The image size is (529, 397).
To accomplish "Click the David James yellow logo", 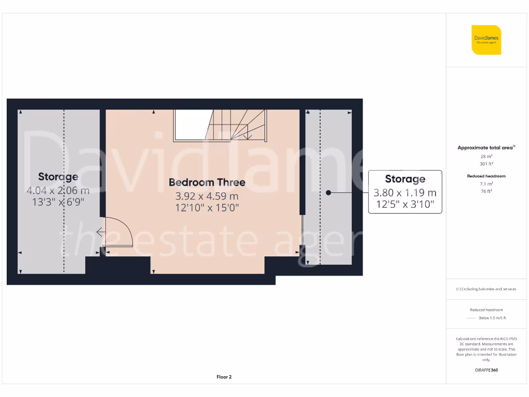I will [486, 40].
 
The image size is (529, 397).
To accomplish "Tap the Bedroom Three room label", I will [207, 182].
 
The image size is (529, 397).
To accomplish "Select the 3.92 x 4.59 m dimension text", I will [207, 196].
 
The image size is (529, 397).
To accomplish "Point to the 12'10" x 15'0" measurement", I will [207, 208].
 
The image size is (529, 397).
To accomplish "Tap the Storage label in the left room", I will [58, 177].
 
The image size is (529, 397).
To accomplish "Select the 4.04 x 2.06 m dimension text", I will [58, 191].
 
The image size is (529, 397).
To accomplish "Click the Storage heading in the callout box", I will [405, 179].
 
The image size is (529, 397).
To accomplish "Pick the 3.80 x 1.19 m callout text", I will [405, 193].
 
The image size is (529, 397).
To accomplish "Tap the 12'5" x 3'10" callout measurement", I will [405, 205].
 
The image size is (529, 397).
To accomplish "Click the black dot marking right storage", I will [328, 193].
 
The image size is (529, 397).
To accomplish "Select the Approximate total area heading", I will [486, 148].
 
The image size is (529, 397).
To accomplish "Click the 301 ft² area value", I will [486, 164].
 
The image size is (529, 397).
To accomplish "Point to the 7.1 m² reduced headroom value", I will [486, 184].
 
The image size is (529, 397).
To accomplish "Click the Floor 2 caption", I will [224, 377].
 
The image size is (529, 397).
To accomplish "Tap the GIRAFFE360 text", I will [486, 370].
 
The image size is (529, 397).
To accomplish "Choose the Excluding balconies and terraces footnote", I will [486, 289].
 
